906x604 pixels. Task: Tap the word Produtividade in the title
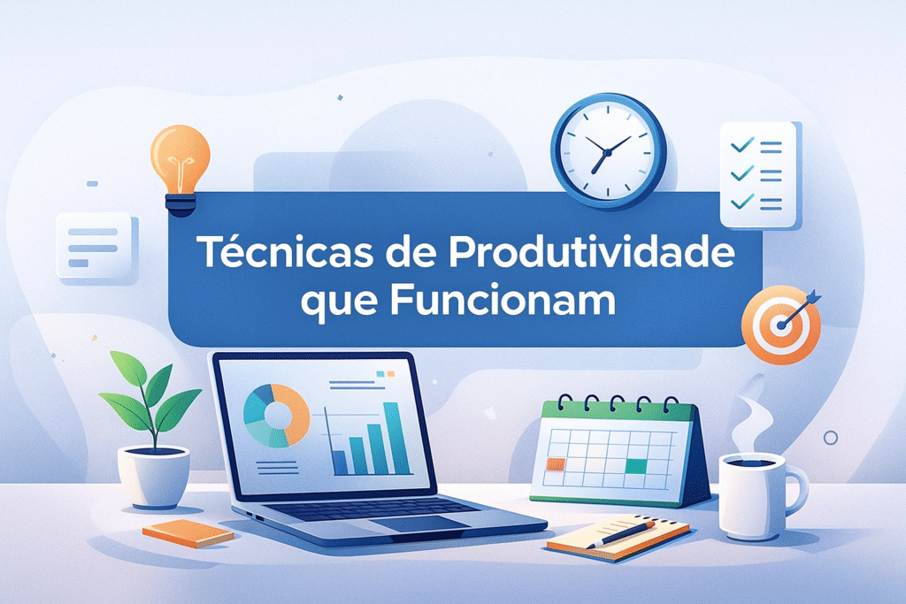[591, 254]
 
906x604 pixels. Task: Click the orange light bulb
[180, 159]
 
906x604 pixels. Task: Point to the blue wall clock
[608, 151]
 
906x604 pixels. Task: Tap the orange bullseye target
[779, 324]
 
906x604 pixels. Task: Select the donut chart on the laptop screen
[275, 414]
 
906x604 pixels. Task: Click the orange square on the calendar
[556, 463]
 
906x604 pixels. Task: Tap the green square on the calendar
[635, 466]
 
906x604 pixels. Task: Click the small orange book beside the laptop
[188, 532]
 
